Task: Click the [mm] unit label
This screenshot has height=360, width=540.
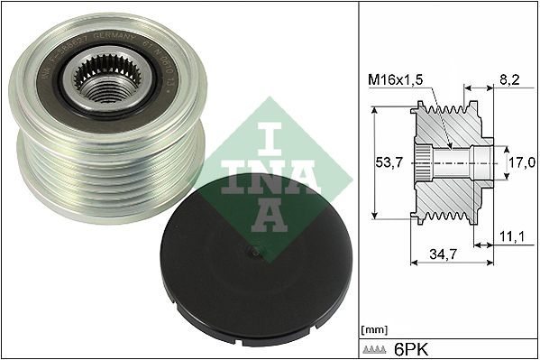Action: point(373,330)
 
